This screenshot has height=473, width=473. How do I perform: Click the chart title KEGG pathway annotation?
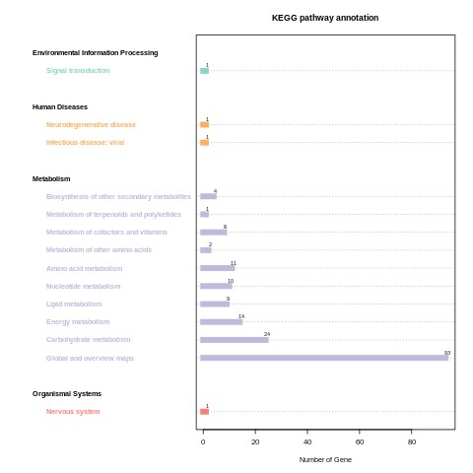pos(325,18)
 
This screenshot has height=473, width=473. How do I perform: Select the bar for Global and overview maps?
pos(323,358)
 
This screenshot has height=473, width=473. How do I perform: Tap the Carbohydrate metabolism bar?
pos(234,340)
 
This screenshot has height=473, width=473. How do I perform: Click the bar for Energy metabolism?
pos(221,322)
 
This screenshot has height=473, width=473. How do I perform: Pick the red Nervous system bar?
pos(204,412)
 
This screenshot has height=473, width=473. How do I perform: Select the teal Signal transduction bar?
pos(204,71)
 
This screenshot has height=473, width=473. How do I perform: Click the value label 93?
pos(446,353)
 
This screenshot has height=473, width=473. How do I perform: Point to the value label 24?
pos(266,334)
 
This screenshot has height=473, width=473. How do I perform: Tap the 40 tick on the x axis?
pos(307,442)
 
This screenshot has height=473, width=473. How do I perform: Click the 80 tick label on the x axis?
pos(412,442)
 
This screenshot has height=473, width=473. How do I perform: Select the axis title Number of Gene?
pos(325,459)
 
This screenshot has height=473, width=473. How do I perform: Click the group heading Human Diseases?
pos(60,106)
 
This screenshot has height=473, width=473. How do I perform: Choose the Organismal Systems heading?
pos(67,393)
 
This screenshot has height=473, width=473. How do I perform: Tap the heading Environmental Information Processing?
pos(95,53)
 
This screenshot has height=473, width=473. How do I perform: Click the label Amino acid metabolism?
pos(84,268)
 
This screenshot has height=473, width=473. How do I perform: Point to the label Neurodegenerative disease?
pos(91,125)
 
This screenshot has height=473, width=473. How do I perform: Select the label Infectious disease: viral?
pos(85,143)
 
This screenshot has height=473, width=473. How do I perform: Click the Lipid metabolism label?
pos(74,304)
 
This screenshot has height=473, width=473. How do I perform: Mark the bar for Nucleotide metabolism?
pos(216,286)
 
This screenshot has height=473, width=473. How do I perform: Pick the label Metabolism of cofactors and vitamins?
pos(106,233)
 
